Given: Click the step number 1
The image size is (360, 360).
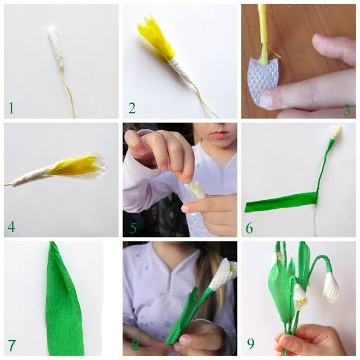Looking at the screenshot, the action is (11, 108).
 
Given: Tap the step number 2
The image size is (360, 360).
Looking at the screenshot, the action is (132, 108).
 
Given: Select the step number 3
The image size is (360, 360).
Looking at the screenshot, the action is (347, 110).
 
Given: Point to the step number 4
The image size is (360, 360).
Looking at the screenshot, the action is (11, 227).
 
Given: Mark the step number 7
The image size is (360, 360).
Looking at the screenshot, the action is (12, 345).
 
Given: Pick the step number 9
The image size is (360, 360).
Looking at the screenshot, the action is (251, 344).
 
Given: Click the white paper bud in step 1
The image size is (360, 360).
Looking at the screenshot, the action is (56, 47).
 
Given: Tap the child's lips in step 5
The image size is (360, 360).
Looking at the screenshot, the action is (218, 134).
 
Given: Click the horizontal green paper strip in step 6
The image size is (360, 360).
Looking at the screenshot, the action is (282, 201).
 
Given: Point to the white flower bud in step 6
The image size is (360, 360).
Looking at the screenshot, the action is (337, 132).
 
